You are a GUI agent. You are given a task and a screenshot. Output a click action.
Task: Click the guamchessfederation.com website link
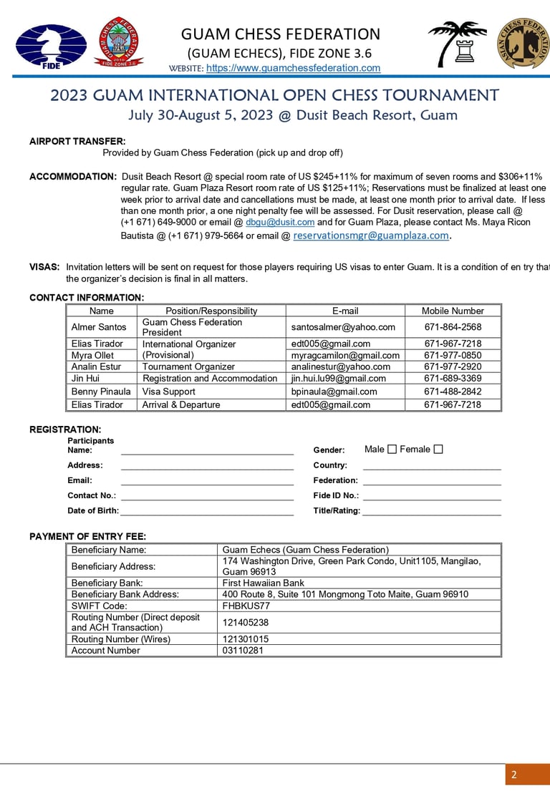[x=293, y=68]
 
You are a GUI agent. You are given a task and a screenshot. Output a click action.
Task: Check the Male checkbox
[x=392, y=450]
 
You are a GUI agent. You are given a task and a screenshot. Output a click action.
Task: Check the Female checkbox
[x=438, y=450]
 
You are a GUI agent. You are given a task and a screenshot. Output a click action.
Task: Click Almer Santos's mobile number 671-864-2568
[x=453, y=327]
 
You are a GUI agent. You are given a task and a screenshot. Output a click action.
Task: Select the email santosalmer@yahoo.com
[x=343, y=327]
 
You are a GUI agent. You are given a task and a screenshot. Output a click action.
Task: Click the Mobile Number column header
[x=453, y=311]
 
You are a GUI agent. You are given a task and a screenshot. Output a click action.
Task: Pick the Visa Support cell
[x=169, y=392]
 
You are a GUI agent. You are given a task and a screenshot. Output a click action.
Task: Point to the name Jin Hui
[x=85, y=379]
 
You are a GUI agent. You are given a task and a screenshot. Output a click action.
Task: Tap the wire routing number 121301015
[x=246, y=639]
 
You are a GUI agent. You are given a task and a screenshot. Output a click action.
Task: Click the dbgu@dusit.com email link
[x=280, y=223]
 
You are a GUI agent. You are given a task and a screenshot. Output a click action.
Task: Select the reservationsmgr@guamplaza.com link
[x=370, y=236]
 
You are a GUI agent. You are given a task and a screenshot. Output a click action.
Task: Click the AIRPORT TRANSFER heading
[x=77, y=142]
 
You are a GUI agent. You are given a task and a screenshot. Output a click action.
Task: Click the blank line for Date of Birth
[x=207, y=511]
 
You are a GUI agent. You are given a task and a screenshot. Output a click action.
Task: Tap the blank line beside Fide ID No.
[x=432, y=495]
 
